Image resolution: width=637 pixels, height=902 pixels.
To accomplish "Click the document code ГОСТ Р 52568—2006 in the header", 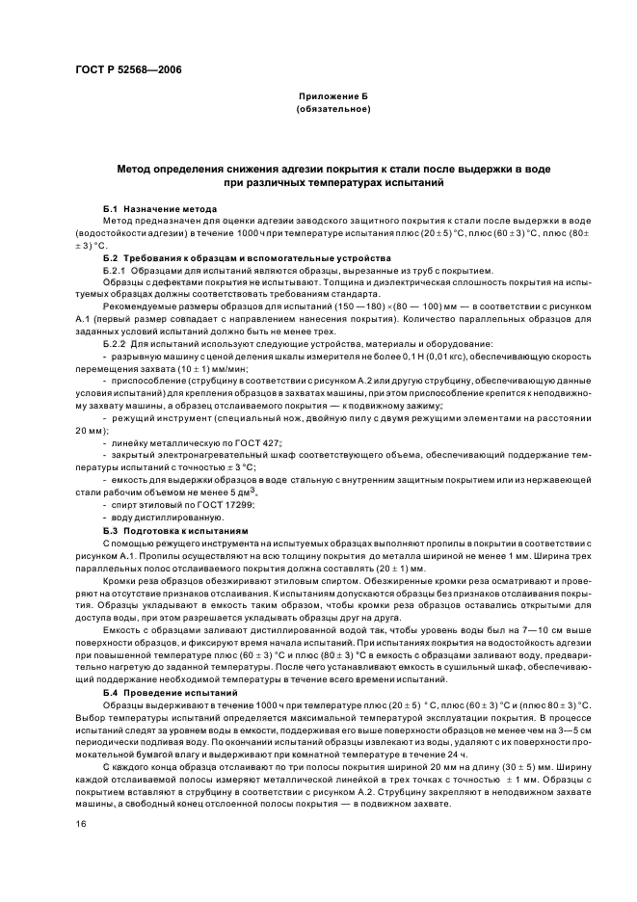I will [127, 69].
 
